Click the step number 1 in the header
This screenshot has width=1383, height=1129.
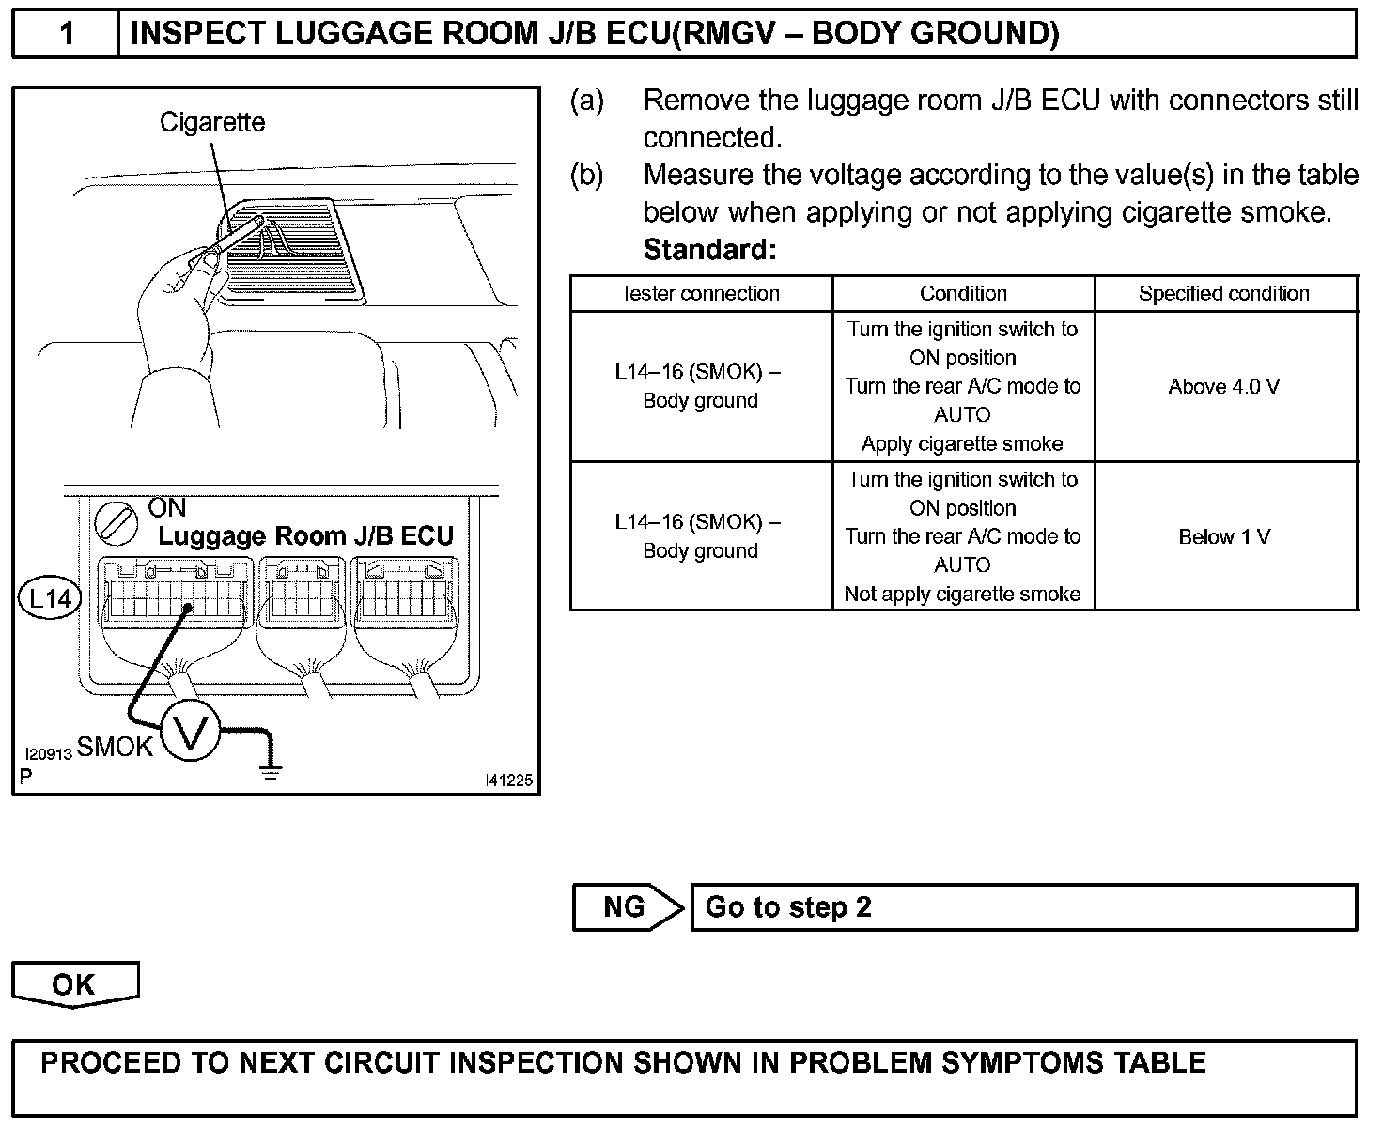pyautogui.click(x=66, y=34)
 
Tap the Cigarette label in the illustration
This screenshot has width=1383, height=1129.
pyautogui.click(x=212, y=122)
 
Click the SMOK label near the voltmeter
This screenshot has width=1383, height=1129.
pyautogui.click(x=115, y=747)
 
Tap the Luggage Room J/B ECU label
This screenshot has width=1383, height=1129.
pyautogui.click(x=305, y=536)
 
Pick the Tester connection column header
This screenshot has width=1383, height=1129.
pyautogui.click(x=700, y=293)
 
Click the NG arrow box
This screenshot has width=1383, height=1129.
pyautogui.click(x=627, y=907)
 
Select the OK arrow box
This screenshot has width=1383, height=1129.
pyautogui.click(x=74, y=984)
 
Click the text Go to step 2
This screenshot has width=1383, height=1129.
pyautogui.click(x=788, y=907)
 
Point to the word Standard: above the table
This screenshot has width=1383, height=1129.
pyautogui.click(x=709, y=250)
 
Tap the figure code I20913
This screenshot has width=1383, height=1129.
pyautogui.click(x=49, y=754)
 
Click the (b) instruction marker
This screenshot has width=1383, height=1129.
pyautogui.click(x=586, y=175)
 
